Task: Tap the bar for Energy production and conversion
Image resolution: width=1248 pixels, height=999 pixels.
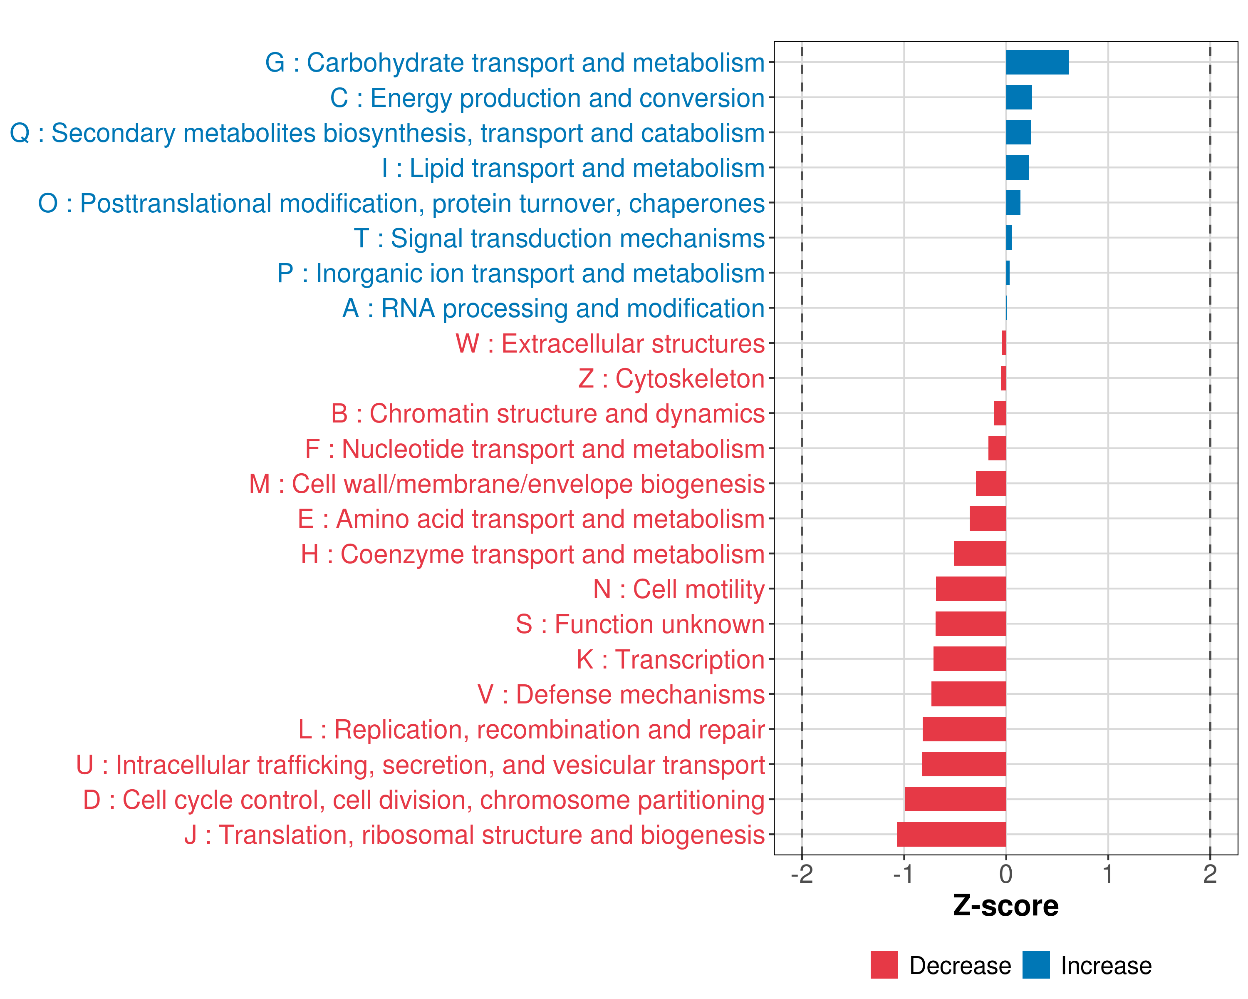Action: (1019, 97)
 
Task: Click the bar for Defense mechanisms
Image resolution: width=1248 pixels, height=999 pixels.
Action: (968, 694)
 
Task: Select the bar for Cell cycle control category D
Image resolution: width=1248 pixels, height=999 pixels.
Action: (955, 799)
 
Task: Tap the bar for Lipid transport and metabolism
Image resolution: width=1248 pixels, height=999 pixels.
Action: (1017, 168)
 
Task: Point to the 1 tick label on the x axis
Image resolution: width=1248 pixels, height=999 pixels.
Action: (1108, 875)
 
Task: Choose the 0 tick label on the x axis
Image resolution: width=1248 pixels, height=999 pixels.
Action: (1006, 875)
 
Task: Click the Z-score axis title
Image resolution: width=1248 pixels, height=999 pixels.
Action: (1006, 906)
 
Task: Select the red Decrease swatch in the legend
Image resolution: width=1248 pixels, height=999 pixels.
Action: (884, 965)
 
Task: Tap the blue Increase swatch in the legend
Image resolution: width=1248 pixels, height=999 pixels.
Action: (1035, 965)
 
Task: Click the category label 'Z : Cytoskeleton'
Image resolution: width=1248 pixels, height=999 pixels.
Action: (671, 379)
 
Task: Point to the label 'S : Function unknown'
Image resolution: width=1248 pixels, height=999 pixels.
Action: (640, 624)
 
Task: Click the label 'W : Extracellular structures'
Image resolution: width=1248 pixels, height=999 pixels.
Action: (610, 343)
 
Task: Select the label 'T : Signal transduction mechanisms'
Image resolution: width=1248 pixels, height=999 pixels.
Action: (559, 238)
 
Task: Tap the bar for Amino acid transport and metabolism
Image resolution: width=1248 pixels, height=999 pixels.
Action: (988, 518)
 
